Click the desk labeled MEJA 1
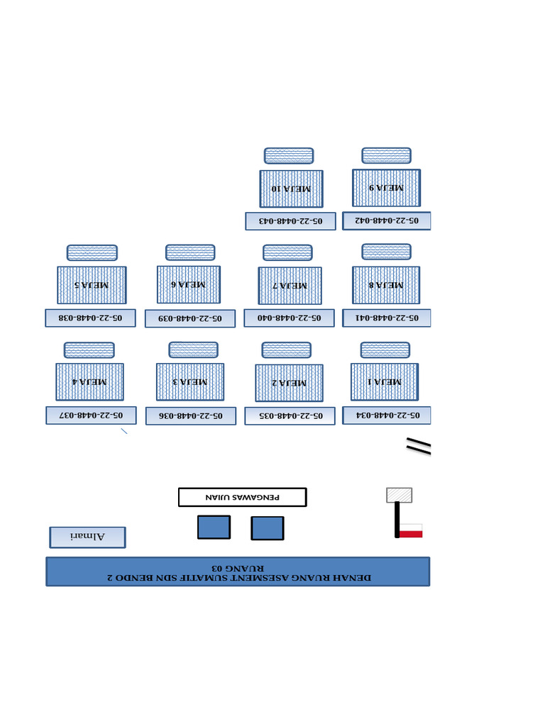(x=384, y=381)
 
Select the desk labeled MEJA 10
(x=291, y=189)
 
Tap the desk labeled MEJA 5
(x=92, y=285)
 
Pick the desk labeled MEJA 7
(x=290, y=285)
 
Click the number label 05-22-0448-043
(x=290, y=221)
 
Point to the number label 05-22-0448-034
(x=387, y=415)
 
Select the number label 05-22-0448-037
(x=91, y=415)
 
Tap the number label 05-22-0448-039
(x=190, y=318)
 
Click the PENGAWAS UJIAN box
(x=242, y=497)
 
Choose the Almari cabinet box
(x=87, y=537)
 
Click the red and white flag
(x=411, y=530)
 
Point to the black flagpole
(x=397, y=520)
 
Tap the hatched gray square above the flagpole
(x=399, y=495)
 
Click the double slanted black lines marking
(x=419, y=445)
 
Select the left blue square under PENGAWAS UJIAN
(x=214, y=527)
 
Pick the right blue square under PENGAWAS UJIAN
(x=268, y=528)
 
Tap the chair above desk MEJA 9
(x=386, y=155)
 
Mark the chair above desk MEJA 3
(x=193, y=350)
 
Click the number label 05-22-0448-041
(x=387, y=318)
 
